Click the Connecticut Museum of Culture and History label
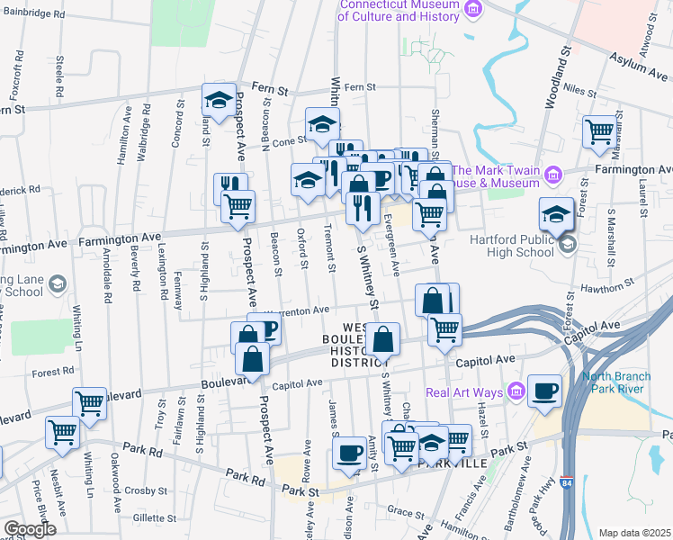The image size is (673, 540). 399,10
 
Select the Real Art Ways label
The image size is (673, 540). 462,391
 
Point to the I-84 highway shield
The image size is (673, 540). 567,485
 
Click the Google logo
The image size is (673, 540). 30,529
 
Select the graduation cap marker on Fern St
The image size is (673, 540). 219,101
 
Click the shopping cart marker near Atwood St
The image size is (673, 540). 599,132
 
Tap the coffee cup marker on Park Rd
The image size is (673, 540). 348,454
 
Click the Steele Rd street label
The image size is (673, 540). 58,76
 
